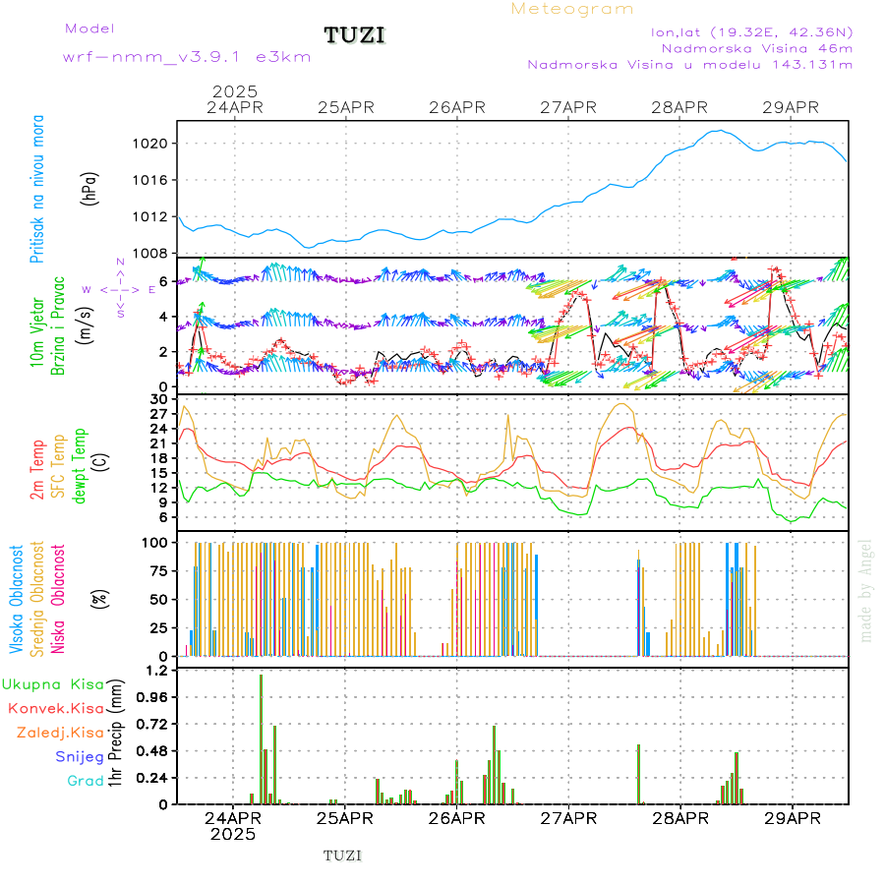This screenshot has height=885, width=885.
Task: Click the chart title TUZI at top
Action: click(x=354, y=35)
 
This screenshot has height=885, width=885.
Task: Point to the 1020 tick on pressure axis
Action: click(x=152, y=144)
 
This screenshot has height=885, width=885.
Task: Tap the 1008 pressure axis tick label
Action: click(x=152, y=253)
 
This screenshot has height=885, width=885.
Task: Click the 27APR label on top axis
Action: click(x=568, y=107)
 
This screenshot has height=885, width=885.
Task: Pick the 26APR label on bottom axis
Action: click(x=457, y=818)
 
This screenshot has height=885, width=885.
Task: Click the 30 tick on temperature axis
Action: click(x=159, y=399)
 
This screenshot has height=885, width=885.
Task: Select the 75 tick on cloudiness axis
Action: click(x=157, y=570)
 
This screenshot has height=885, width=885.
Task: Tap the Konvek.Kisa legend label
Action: click(x=55, y=708)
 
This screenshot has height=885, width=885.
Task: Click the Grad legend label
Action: click(x=85, y=781)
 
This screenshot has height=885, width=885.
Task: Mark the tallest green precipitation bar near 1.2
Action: click(x=261, y=737)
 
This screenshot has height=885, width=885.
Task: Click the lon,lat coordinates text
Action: click(x=751, y=31)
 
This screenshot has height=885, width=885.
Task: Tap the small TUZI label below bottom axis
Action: click(x=342, y=855)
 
